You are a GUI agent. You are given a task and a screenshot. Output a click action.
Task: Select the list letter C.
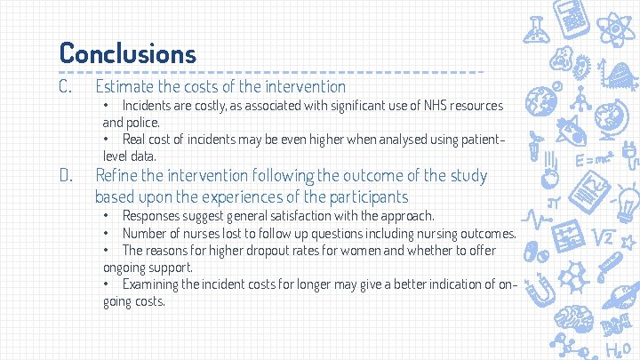tap(65, 86)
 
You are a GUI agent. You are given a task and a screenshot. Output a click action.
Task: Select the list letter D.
tap(65, 175)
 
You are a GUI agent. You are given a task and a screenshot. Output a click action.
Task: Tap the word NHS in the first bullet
tap(412, 106)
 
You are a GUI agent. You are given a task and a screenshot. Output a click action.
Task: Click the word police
tap(143, 122)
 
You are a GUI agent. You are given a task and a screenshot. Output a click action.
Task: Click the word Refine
tap(117, 175)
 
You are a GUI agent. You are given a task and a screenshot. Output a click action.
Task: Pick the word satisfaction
tap(279, 216)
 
